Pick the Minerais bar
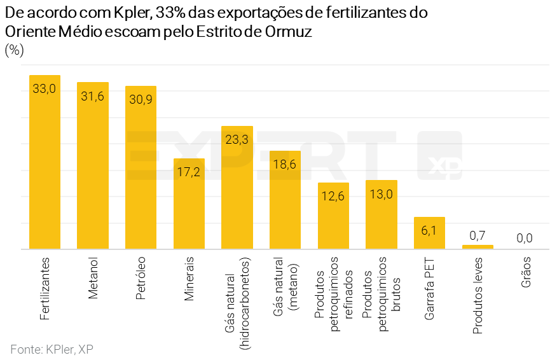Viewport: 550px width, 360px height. click(x=189, y=204)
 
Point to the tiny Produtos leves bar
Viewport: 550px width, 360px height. click(x=478, y=247)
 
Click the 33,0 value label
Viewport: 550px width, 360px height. click(x=45, y=89)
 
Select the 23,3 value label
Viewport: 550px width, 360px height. click(x=237, y=140)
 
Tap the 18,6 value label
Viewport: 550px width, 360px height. click(x=285, y=165)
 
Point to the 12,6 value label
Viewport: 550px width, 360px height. click(x=333, y=197)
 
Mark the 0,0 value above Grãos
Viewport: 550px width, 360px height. click(x=525, y=239)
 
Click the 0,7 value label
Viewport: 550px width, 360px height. click(x=478, y=236)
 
